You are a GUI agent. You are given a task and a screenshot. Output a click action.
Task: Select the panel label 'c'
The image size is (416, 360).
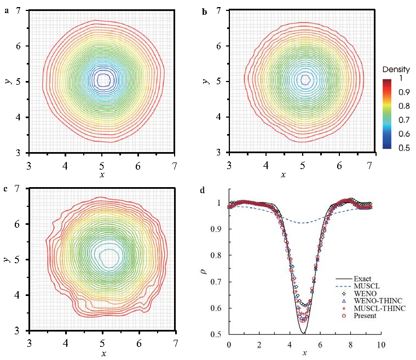tap(5, 189)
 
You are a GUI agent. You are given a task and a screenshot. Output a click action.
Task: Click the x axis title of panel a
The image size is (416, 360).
tap(101, 175)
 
